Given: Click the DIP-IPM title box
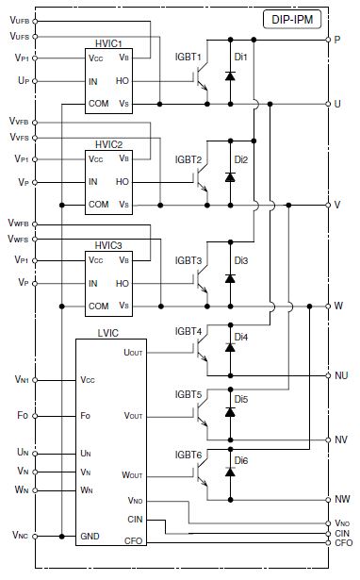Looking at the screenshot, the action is click(292, 19).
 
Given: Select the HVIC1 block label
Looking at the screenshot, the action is click(108, 43).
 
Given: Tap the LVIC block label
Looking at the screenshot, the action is click(108, 333).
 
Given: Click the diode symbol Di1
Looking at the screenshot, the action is click(230, 75).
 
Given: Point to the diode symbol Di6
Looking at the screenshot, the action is click(230, 472).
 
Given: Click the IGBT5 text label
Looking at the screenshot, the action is click(188, 394).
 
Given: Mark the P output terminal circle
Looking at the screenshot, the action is click(328, 40).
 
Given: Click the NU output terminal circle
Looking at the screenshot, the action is click(328, 375).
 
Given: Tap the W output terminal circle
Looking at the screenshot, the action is click(328, 307).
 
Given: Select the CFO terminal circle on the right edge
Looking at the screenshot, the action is click(328, 542).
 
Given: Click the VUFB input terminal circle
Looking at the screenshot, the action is click(35, 22).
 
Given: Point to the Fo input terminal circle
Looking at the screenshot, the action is click(35, 416).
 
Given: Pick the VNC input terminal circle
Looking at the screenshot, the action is click(35, 537).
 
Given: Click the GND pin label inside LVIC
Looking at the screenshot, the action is click(90, 537).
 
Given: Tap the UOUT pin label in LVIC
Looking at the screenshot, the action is click(133, 352).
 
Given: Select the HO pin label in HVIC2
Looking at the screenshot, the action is click(123, 182).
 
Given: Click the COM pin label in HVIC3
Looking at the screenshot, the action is click(98, 307).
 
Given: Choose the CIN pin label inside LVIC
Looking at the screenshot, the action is click(135, 520).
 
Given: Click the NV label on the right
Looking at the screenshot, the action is click(341, 439).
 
